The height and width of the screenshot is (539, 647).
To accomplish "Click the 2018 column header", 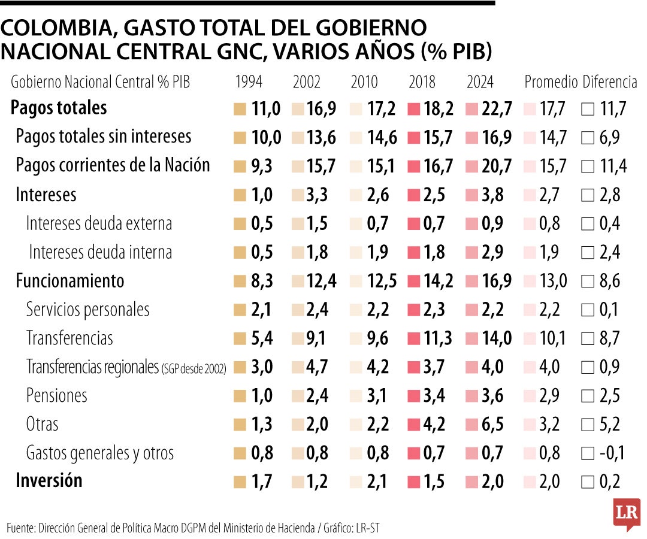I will coord(422,82).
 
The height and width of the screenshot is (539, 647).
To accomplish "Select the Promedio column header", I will coord(551,82).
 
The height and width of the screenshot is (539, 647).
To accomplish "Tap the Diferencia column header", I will coord(610,82).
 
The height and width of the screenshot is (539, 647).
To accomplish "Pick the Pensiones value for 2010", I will coord(378,396).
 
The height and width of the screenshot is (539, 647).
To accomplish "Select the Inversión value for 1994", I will coord(262,482).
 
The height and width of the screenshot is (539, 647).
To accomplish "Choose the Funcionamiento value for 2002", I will coord(322,281).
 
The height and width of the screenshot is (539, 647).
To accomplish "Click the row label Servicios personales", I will coord(87,310).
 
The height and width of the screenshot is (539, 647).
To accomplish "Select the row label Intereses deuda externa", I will coord(99,223).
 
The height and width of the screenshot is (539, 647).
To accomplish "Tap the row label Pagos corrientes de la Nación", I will coord(113,165).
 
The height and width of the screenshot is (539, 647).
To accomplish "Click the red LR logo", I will coord(627,514).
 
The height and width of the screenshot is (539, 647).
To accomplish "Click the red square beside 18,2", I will coord(413,109).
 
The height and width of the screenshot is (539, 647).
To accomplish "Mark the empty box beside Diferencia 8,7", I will coord(588,338).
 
